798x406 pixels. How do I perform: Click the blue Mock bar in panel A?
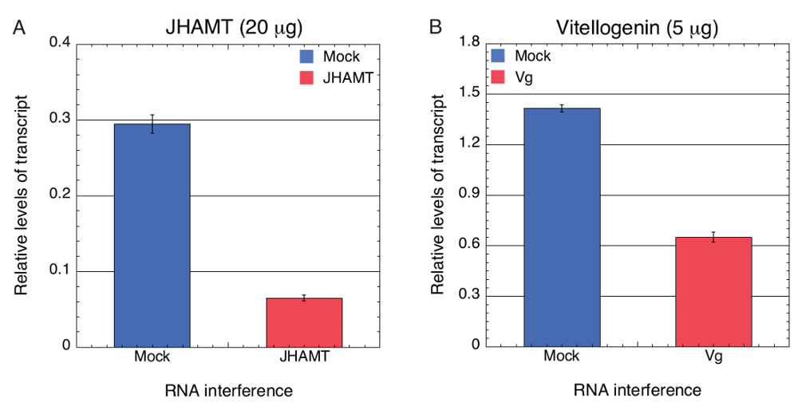coord(152,235)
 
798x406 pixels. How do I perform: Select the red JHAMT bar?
coord(304,322)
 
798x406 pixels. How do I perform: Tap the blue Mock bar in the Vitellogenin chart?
coord(561,227)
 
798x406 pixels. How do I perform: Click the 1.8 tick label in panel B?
coord(477,43)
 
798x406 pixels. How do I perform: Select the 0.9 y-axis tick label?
coord(477,195)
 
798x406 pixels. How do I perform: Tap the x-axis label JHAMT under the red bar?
coord(304,357)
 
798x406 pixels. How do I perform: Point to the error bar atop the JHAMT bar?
coord(304,298)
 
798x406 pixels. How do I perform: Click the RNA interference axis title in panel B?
coord(637,390)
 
